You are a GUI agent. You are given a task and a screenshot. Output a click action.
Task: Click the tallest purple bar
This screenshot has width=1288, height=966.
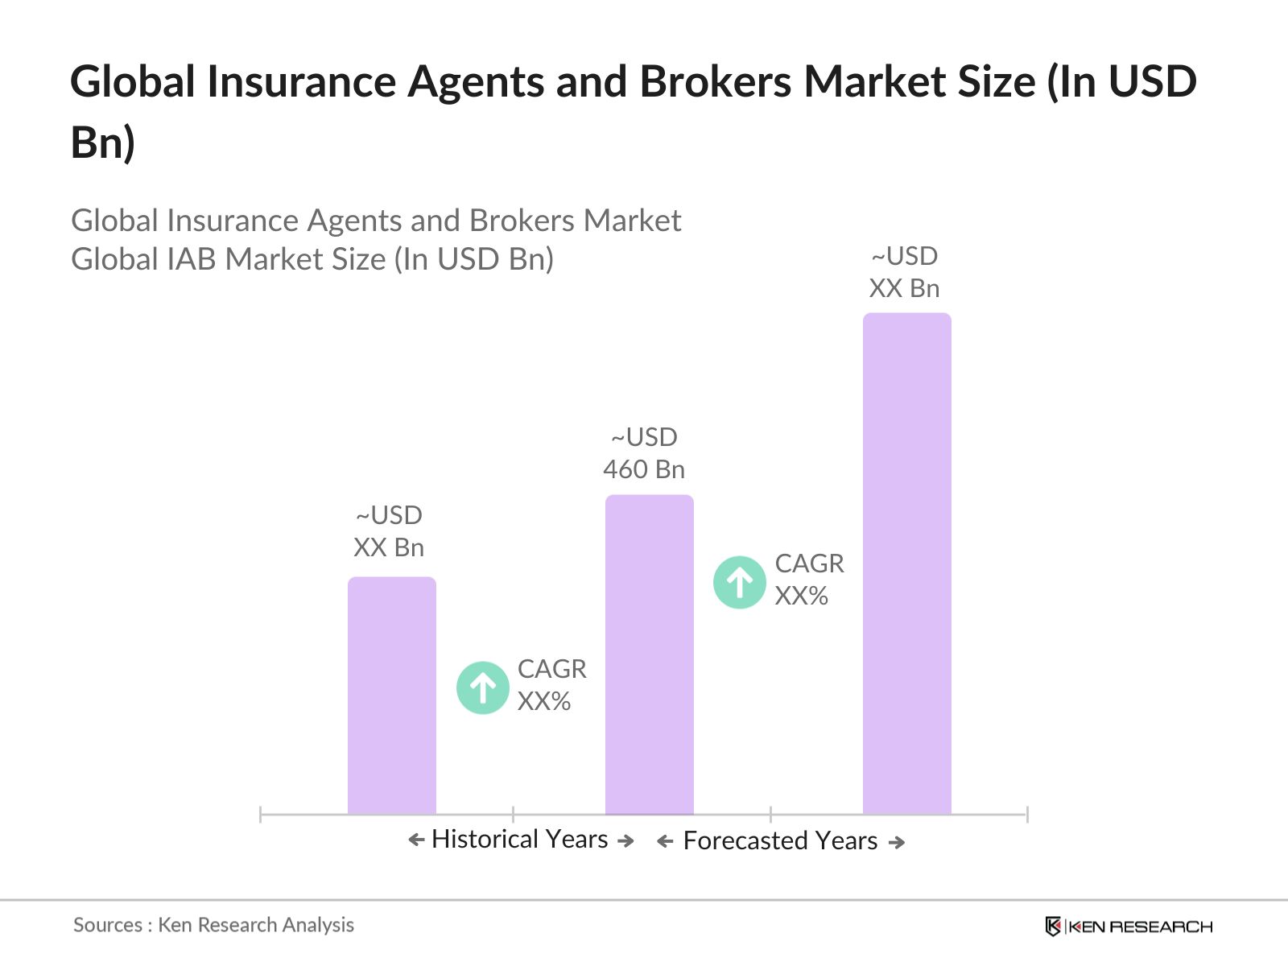pyautogui.click(x=906, y=563)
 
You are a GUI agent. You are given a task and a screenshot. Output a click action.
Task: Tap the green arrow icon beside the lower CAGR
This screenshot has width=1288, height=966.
pyautogui.click(x=482, y=687)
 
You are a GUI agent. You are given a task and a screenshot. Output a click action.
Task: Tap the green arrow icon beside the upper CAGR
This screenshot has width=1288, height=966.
pyautogui.click(x=739, y=581)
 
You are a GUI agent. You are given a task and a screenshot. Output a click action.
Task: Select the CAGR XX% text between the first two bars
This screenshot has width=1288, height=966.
pyautogui.click(x=551, y=685)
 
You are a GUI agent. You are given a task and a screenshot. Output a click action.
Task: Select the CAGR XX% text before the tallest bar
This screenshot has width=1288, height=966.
pyautogui.click(x=809, y=580)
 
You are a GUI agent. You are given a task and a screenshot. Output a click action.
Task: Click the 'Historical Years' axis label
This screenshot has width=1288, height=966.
pyautogui.click(x=519, y=839)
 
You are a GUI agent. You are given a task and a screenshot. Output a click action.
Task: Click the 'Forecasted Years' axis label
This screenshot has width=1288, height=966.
pyautogui.click(x=780, y=840)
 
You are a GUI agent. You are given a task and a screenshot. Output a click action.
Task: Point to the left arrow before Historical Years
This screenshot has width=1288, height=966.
pyautogui.click(x=416, y=840)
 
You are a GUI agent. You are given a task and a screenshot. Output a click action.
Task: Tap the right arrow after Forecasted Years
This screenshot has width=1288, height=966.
pyautogui.click(x=897, y=842)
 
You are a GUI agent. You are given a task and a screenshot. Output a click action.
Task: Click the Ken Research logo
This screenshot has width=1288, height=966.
pyautogui.click(x=1129, y=927)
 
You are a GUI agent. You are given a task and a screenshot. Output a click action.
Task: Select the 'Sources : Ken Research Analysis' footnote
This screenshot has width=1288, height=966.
pyautogui.click(x=213, y=925)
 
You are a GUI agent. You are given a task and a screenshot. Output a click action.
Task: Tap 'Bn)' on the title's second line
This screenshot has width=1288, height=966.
pyautogui.click(x=102, y=142)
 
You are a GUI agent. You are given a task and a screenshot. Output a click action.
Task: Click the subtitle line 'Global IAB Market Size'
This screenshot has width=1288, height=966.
pyautogui.click(x=312, y=259)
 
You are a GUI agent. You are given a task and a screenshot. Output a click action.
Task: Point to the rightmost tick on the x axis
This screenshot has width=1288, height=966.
pyautogui.click(x=1027, y=814)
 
